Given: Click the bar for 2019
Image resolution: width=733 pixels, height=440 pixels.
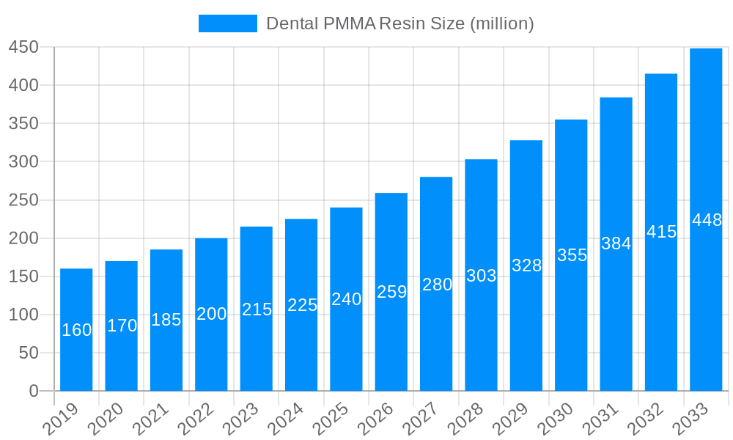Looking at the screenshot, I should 76,330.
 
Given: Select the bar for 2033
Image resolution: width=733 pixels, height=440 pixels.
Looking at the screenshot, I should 706,220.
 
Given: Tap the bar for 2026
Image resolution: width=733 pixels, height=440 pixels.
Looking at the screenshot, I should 391,292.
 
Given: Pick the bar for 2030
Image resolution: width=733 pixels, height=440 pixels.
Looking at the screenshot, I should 571,255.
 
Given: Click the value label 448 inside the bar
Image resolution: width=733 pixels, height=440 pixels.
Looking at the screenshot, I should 707,220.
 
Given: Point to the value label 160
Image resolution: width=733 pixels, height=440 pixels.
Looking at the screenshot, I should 76,330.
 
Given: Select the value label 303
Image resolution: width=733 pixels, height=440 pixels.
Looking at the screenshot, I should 481,276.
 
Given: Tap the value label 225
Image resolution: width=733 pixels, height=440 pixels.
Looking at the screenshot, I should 301,305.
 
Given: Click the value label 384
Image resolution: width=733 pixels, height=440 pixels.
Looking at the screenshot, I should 616,243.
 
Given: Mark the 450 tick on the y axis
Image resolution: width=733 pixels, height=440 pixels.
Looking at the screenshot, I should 23,47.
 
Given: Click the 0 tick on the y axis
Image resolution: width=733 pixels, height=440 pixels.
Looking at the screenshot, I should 34,392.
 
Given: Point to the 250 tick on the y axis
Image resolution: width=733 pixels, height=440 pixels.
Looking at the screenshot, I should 23,200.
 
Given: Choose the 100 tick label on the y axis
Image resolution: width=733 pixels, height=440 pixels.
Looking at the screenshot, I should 23,315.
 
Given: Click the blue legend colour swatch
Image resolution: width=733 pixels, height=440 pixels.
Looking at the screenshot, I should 227,23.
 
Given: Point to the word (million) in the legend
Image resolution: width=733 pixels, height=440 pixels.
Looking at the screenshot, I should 501,23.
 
